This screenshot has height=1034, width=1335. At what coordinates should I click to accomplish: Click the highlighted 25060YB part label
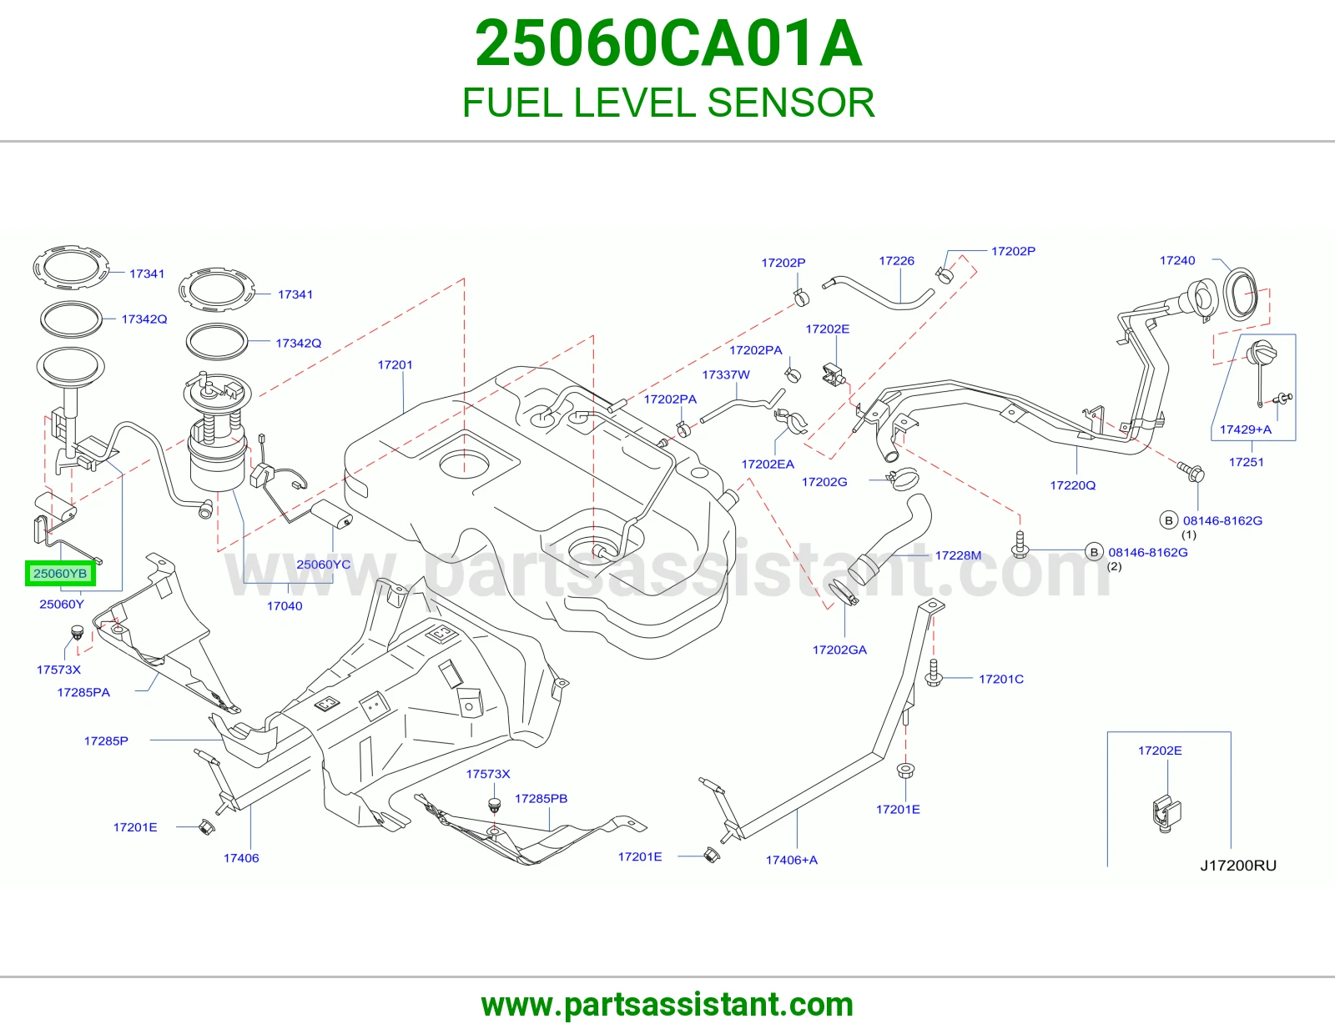pos(60,574)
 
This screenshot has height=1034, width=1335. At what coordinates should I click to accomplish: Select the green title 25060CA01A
pos(668,43)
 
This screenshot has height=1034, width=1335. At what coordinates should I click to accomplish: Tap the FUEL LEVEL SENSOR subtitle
pos(668,103)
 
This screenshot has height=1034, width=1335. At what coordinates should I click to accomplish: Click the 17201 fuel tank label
pos(395,364)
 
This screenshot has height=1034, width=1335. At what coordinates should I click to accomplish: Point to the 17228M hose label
pos(958,555)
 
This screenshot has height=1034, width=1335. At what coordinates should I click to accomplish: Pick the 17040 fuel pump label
pos(285,606)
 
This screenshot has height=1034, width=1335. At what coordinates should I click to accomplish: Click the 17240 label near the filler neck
pos(1177,260)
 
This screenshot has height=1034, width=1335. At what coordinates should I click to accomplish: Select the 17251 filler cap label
pos(1247,462)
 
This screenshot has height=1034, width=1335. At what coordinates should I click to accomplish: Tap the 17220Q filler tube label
pos(1073,485)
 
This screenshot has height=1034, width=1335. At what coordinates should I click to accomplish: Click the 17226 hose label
pos(896,261)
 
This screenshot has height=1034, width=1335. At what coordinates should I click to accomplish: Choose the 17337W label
pos(726,374)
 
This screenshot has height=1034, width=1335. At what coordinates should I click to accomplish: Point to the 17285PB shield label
pos(542,798)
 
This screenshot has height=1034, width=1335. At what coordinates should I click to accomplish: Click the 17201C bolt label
pos(1001,679)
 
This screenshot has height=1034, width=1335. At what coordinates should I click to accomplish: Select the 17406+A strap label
pos(791,860)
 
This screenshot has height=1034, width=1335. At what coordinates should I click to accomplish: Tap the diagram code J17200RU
pos(1238,866)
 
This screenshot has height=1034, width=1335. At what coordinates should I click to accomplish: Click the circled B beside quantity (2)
pos(1094,552)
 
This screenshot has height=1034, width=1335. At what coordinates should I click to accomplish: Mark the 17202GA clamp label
pos(839,650)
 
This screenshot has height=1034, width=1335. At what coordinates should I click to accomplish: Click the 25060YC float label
pos(324,565)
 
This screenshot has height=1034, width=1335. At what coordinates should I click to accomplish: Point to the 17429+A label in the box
pos(1245,429)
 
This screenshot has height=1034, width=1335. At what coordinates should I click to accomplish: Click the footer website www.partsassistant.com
pos(667,1005)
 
